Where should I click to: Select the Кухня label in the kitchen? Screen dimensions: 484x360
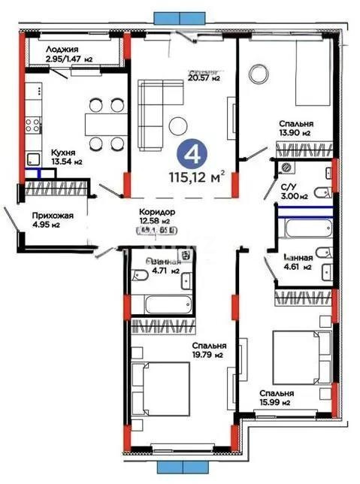[43, 150]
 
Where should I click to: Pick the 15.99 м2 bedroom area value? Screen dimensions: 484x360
[277, 403]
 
